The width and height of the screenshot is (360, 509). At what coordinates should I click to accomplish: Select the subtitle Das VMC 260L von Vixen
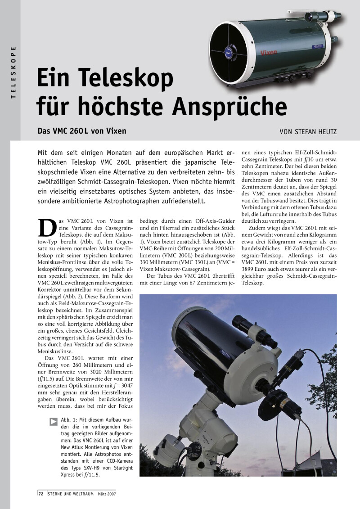click(x=81, y=131)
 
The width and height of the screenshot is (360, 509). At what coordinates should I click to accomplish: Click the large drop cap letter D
click(x=46, y=229)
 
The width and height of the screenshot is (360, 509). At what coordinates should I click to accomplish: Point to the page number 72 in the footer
click(x=40, y=494)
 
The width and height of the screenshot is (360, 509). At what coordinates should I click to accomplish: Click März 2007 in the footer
click(x=106, y=494)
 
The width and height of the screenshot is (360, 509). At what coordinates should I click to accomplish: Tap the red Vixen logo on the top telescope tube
click(x=269, y=53)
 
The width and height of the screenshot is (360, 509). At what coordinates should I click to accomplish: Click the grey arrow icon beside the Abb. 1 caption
click(x=54, y=422)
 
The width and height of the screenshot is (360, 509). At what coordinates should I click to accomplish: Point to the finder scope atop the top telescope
click(x=322, y=17)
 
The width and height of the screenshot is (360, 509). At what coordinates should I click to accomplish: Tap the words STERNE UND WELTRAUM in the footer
click(x=69, y=494)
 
